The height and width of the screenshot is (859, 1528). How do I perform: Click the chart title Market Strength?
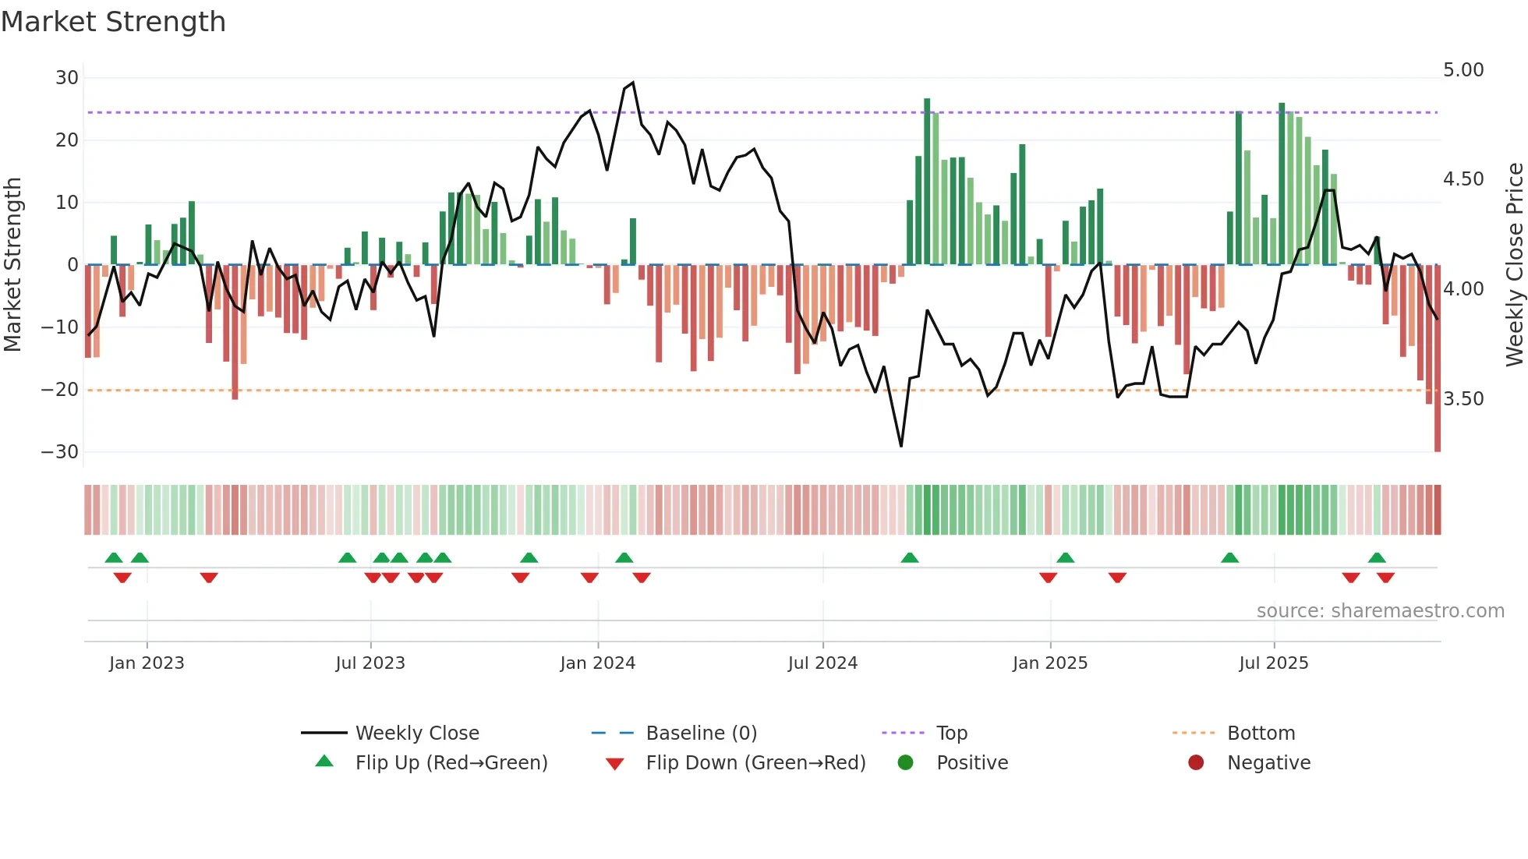coord(113,22)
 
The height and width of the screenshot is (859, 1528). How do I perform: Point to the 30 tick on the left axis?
coord(67,78)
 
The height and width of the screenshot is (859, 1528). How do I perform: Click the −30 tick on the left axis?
coord(60,452)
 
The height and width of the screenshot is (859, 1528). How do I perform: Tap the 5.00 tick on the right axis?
coord(1463,70)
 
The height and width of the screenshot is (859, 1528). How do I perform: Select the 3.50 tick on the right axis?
coord(1463,399)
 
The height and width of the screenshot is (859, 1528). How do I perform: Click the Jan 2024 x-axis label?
coord(597,663)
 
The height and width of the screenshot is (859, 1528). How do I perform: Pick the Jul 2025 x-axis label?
coord(1273,663)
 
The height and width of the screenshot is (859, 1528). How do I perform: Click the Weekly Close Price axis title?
coord(1514,265)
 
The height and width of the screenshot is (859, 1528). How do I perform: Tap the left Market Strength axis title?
coord(12,265)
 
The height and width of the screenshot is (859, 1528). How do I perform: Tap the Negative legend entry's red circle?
coord(1196,762)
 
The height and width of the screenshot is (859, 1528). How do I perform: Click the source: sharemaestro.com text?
coord(1380,611)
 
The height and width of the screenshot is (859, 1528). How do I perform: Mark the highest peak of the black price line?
coord(632,83)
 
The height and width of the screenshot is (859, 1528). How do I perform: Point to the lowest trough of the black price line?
coord(901,446)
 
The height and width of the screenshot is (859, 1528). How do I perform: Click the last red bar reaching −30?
coord(1437,359)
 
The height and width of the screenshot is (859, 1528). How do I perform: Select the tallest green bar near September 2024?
coord(927,181)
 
